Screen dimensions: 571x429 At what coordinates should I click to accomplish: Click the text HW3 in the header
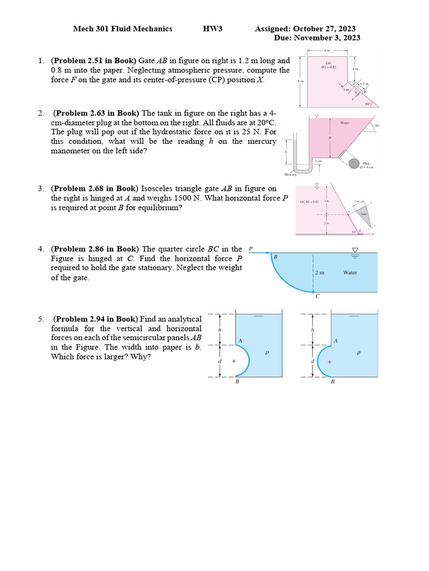coord(212,29)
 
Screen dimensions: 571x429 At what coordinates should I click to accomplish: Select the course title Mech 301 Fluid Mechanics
coord(122,29)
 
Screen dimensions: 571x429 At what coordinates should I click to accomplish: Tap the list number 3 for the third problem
coord(41,188)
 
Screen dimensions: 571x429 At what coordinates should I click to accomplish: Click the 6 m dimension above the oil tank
coord(327,50)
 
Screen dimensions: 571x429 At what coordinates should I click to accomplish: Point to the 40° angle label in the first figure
coord(366,104)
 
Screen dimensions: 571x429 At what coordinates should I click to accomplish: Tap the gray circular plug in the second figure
coord(354,163)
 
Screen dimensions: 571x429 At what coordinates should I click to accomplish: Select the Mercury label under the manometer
coord(290,175)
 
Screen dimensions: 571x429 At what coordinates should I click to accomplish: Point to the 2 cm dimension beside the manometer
coord(318,161)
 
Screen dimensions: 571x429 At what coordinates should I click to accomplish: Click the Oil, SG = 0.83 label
coord(309,202)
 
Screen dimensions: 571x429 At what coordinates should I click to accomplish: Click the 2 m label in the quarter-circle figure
coord(320,273)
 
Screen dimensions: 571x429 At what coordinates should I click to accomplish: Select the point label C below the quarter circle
coord(317,296)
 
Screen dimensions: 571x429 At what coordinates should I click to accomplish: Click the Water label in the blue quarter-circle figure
coord(350,273)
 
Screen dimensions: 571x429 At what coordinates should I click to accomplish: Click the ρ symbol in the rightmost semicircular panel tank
coord(358,352)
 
